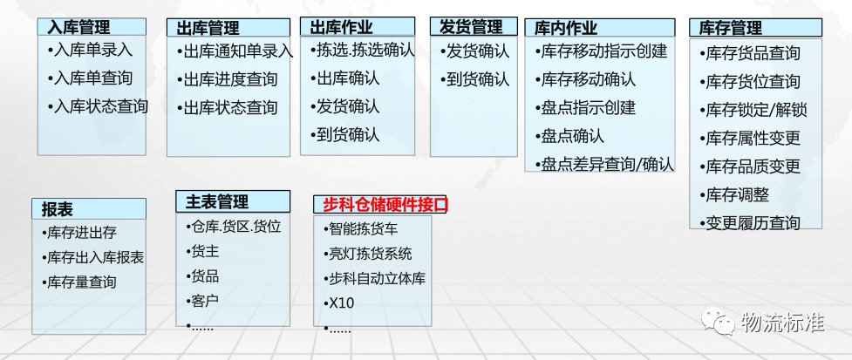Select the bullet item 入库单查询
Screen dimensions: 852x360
(93, 78)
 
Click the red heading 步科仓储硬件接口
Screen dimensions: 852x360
(385, 205)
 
